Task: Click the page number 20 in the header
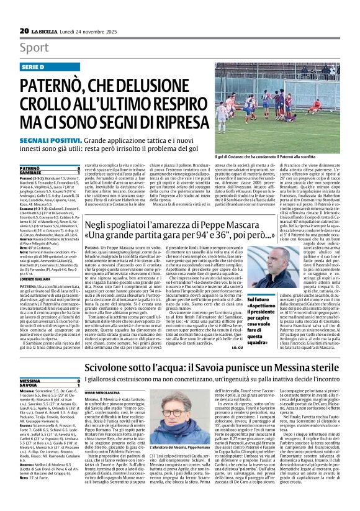click(x=25, y=30)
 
